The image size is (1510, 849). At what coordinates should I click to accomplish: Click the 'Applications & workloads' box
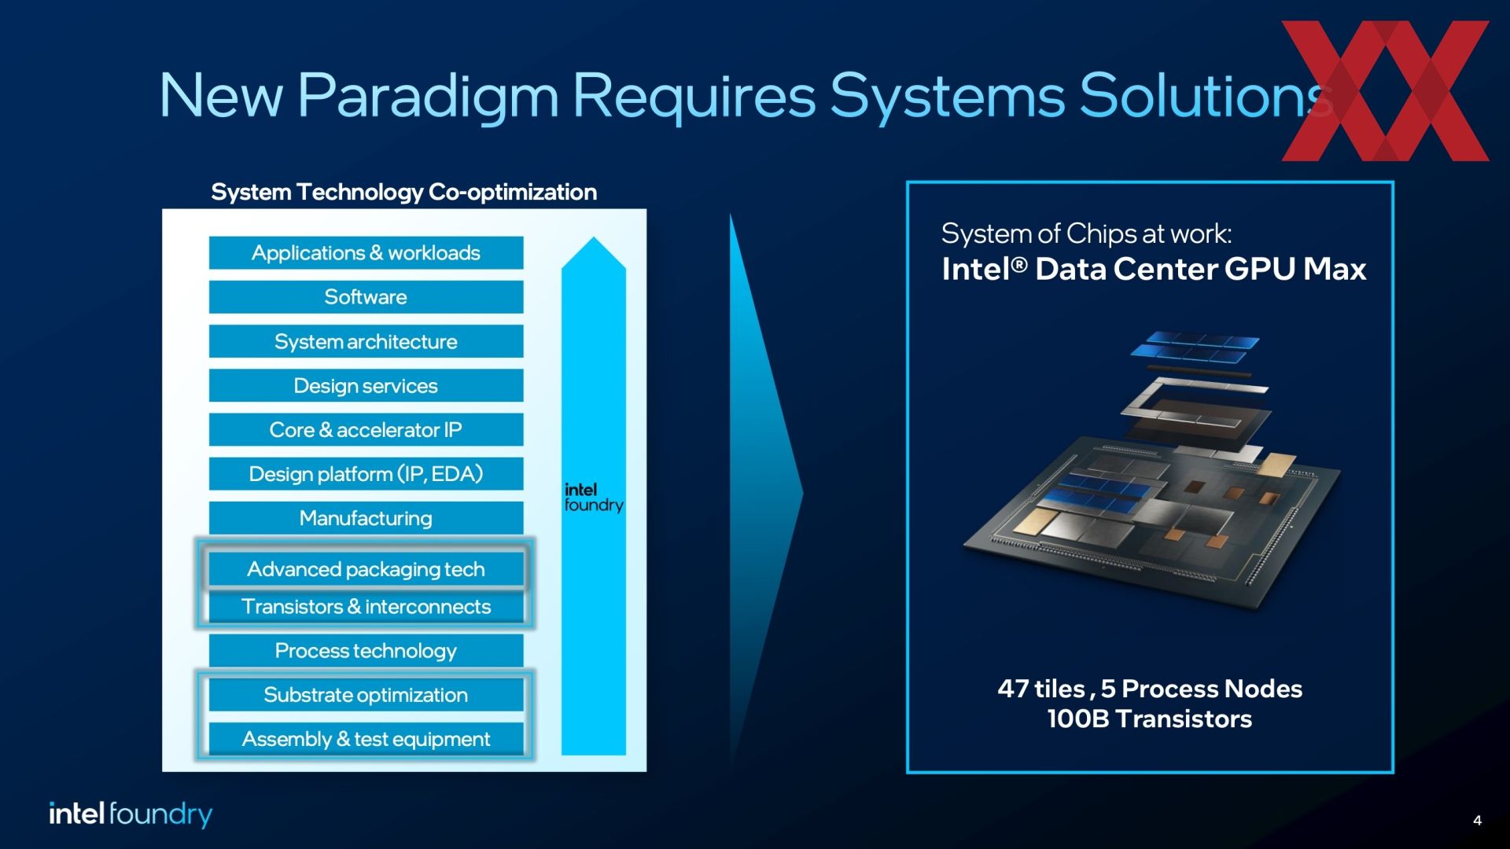point(366,253)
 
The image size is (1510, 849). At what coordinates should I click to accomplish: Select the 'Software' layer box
point(366,297)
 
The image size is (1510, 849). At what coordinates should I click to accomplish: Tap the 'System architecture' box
point(366,341)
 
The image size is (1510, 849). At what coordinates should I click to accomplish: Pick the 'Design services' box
point(366,385)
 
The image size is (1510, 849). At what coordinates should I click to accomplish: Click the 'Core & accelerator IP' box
point(366,430)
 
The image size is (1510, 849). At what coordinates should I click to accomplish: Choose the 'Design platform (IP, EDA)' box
point(366,474)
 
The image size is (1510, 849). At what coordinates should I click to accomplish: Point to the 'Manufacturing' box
point(366,518)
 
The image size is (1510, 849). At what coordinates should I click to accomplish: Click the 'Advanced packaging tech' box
point(366,569)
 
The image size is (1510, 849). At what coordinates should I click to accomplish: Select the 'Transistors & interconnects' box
point(366,607)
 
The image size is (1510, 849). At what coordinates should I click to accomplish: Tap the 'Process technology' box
point(366,651)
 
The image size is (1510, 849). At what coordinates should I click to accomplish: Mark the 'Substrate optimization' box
point(366,695)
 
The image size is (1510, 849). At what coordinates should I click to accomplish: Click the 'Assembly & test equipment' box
point(366,739)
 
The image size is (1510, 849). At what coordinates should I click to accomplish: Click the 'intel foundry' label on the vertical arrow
point(594,498)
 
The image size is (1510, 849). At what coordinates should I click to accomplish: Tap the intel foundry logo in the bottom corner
point(131,814)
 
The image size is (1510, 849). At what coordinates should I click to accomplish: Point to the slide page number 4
point(1477,821)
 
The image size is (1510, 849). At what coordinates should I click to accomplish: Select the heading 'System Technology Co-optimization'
point(404,192)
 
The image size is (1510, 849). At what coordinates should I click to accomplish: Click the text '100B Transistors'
point(1149,719)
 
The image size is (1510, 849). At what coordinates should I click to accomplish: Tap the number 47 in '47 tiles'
point(1013,689)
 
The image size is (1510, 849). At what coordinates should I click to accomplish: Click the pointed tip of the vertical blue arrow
point(594,237)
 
